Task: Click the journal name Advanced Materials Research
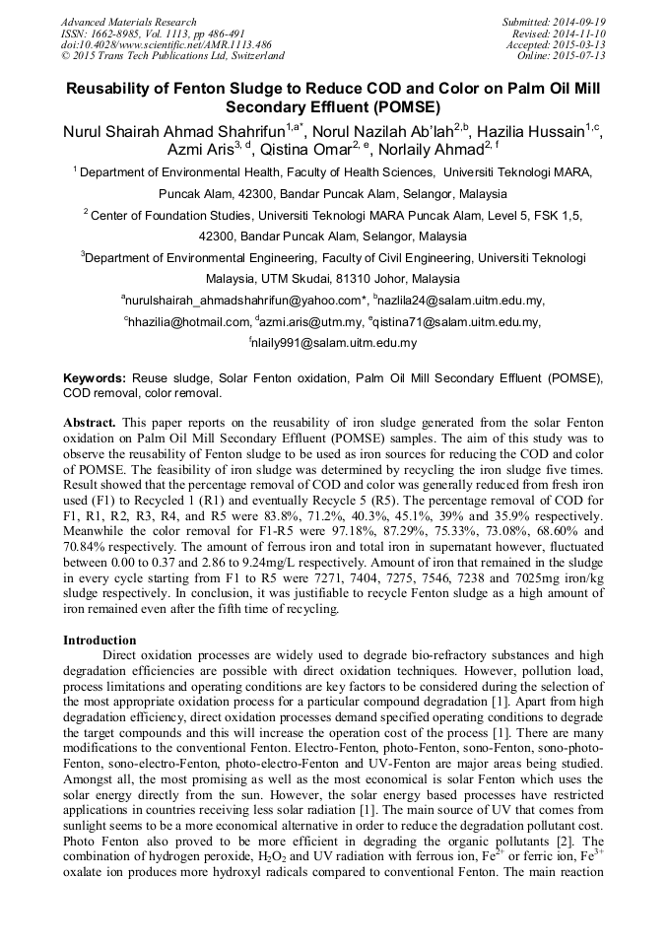pyautogui.click(x=129, y=22)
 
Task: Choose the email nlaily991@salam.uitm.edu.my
pyautogui.click(x=335, y=344)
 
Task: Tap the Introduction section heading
pyautogui.click(x=100, y=641)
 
